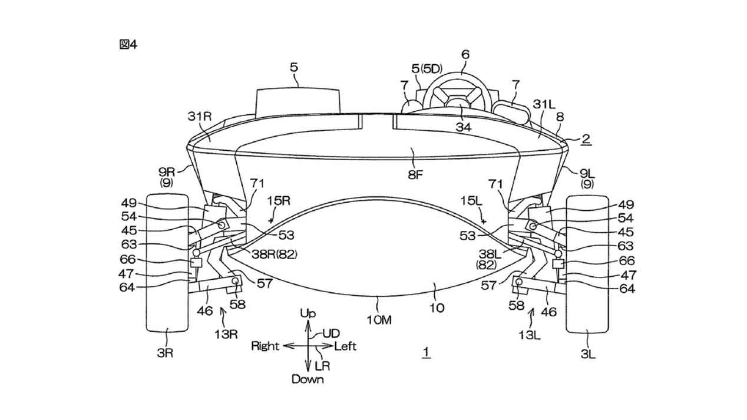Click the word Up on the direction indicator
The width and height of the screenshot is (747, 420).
pyautogui.click(x=308, y=313)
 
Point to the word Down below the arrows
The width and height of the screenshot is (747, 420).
pyautogui.click(x=308, y=379)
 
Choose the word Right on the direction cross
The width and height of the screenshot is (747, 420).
pyautogui.click(x=265, y=346)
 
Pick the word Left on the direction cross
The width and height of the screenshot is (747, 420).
pyautogui.click(x=345, y=346)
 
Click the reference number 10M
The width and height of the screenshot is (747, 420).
pyautogui.click(x=379, y=320)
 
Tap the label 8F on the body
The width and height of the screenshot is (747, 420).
pyautogui.click(x=415, y=174)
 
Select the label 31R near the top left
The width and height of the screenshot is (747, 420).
pyautogui.click(x=200, y=116)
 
